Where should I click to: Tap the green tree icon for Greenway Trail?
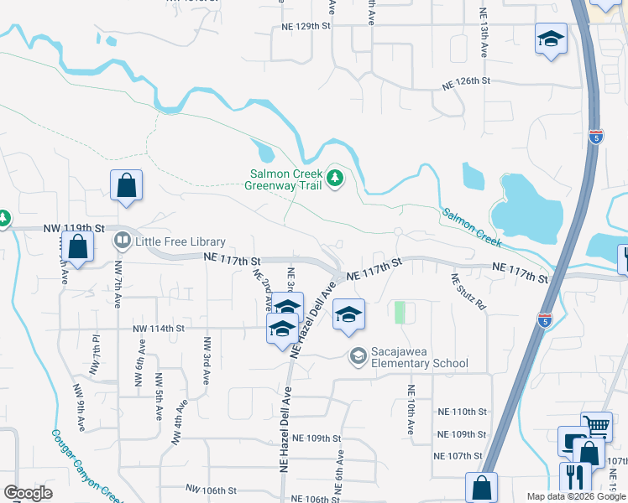coord(335,178)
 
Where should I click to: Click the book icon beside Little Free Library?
coord(123,241)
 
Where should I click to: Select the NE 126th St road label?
coord(466,80)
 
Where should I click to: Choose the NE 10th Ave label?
coord(411,410)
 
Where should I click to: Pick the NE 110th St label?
coord(463,412)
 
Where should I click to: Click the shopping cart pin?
coord(597,425)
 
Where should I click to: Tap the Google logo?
coord(28,493)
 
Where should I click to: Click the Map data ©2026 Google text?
coord(577,496)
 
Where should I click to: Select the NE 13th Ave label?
coord(483,32)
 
